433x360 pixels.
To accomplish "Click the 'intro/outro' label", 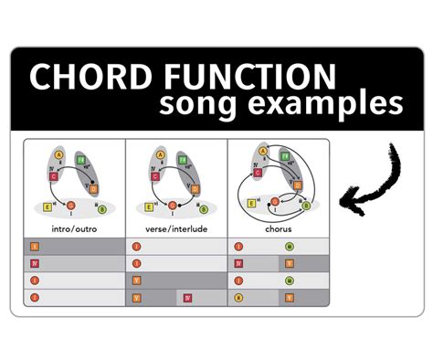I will click(76, 229).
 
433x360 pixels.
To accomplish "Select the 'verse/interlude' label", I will click(176, 229).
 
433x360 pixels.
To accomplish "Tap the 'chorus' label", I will click(278, 229).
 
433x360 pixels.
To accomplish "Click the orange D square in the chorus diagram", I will click(298, 185).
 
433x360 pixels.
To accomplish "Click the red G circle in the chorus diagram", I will click(275, 200).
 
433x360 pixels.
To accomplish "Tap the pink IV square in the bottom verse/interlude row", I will click(187, 297).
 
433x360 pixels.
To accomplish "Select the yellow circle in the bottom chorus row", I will click(238, 297).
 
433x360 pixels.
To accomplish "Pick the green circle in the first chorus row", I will click(289, 247).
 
